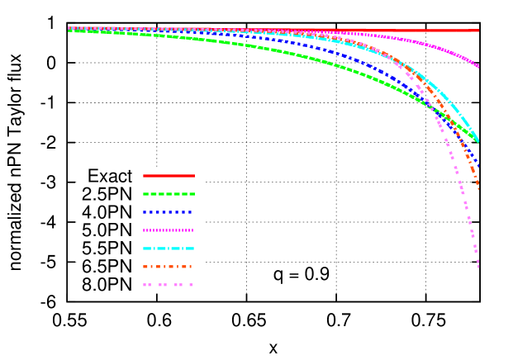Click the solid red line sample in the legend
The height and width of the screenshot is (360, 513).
point(169,176)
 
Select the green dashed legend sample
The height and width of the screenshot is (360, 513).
point(169,194)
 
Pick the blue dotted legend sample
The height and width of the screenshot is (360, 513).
point(168,212)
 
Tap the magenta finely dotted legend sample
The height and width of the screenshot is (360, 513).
point(168,230)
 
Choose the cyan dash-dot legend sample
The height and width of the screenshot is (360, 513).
point(169,249)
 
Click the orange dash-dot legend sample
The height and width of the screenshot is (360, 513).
point(168,267)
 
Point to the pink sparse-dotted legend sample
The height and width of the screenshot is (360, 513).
point(168,285)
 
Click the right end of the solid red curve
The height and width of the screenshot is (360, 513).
point(478,31)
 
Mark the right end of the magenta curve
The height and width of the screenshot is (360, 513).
point(479,66)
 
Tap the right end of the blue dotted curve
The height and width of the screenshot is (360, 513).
point(478,166)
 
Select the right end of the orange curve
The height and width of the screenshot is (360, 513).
point(478,187)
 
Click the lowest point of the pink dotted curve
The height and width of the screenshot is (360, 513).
point(477,266)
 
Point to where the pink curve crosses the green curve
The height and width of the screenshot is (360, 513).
point(435,111)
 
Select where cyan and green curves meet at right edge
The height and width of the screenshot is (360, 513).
point(478,142)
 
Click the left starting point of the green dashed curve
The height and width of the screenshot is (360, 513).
point(69,31)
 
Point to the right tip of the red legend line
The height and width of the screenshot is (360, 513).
point(194,176)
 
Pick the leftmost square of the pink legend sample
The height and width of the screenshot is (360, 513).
point(145,285)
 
